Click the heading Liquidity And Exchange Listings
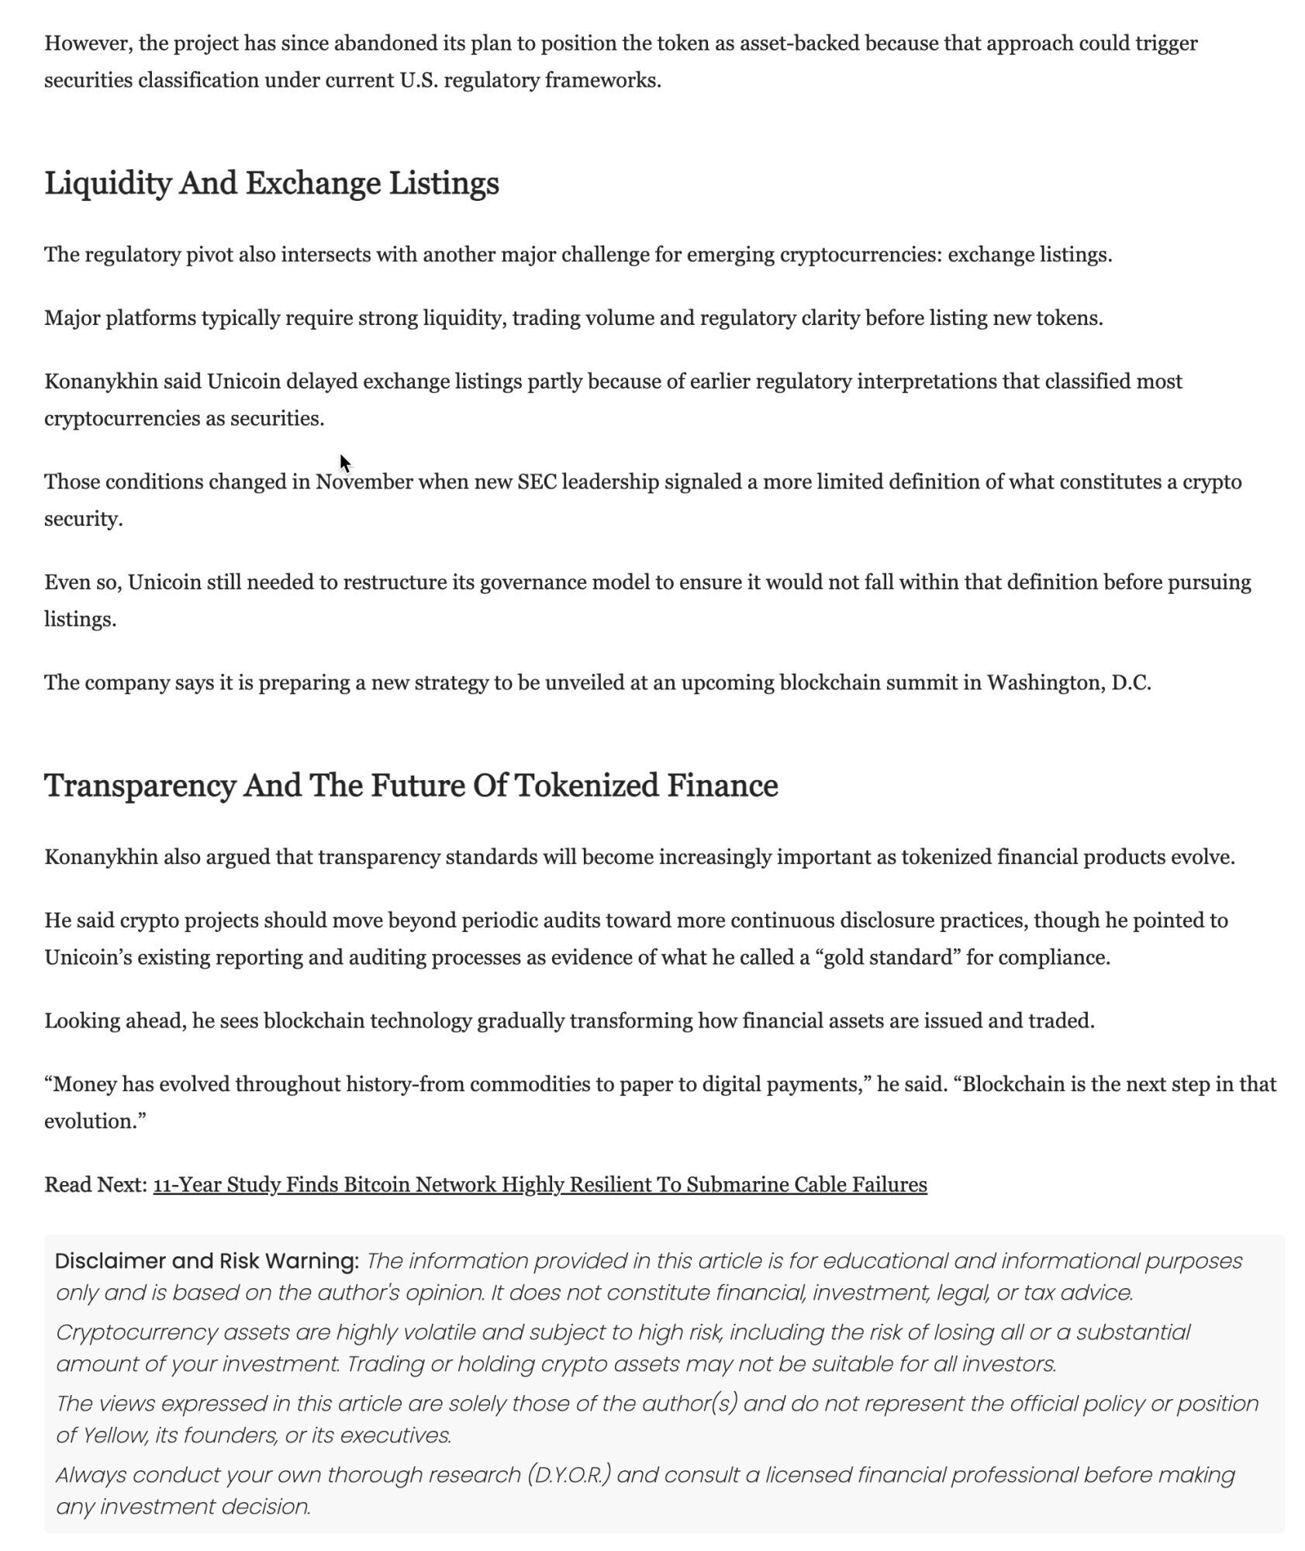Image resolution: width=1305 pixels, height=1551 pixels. tap(271, 184)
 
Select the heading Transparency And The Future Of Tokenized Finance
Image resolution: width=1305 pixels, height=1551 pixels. tap(411, 786)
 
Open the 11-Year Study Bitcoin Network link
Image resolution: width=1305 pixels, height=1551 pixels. tap(540, 1185)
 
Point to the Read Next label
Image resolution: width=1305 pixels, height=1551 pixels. tap(95, 1185)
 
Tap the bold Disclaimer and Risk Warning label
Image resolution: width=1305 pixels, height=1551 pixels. tap(207, 1261)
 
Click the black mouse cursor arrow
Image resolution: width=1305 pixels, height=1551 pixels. tap(345, 463)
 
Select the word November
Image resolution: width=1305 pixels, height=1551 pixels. tap(364, 482)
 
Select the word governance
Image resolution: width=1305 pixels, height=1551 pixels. tap(533, 582)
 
